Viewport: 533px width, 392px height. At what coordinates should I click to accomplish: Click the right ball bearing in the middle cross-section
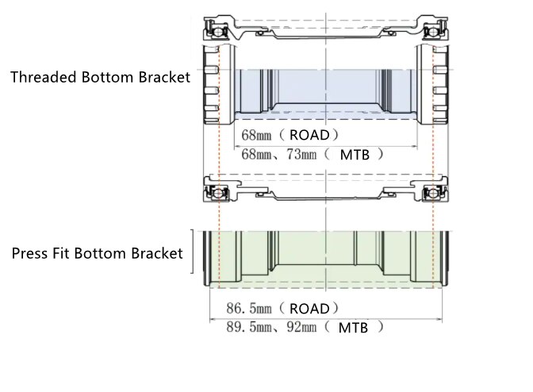pyautogui.click(x=433, y=194)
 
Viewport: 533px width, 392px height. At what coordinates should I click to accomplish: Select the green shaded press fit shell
pyautogui.click(x=325, y=258)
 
